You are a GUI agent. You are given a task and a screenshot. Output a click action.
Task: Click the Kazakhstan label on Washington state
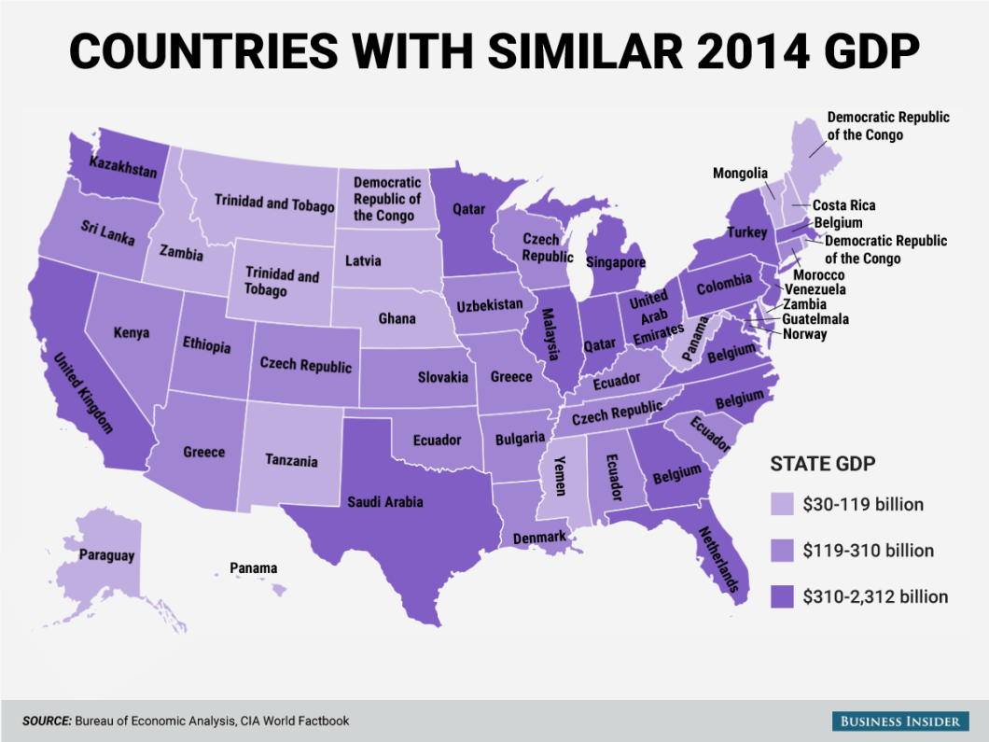tap(123, 169)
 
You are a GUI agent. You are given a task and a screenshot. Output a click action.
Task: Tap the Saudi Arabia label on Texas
tap(385, 502)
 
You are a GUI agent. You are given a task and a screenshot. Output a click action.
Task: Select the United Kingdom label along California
tap(83, 393)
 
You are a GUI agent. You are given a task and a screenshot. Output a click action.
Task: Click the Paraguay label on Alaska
tap(106, 555)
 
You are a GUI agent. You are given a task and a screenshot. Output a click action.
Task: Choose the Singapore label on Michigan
tap(615, 262)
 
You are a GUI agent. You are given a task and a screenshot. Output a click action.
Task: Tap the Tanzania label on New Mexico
tap(291, 461)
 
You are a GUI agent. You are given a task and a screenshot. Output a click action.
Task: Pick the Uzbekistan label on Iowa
tap(490, 305)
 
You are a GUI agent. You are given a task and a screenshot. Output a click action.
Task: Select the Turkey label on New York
tap(746, 231)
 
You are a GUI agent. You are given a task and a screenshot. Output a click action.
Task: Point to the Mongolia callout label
tap(740, 173)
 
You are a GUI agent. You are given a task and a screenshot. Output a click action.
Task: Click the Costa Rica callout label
tap(843, 205)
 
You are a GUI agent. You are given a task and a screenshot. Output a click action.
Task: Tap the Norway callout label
tap(804, 334)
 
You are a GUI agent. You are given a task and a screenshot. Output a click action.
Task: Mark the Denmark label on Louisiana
tap(539, 539)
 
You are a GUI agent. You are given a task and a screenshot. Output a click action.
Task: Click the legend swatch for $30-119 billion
tap(782, 505)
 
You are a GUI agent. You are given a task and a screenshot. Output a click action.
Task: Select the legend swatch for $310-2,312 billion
tap(782, 596)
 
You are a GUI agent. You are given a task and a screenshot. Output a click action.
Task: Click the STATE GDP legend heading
tap(822, 464)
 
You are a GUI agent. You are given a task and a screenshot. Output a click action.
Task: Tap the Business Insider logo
tap(899, 721)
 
